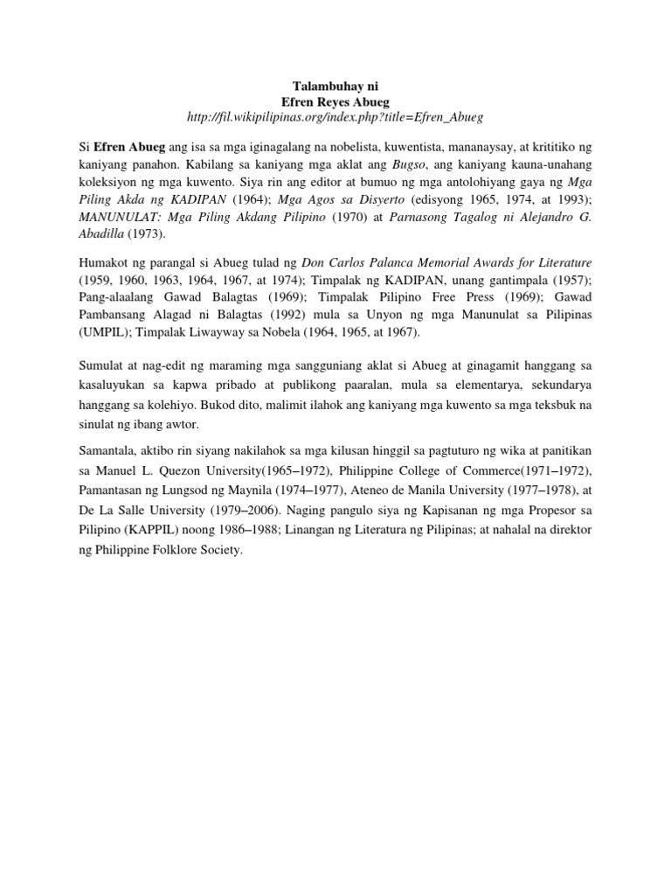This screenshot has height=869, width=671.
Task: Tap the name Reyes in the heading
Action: tap(336, 101)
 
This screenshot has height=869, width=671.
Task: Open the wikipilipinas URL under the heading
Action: tap(335, 117)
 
